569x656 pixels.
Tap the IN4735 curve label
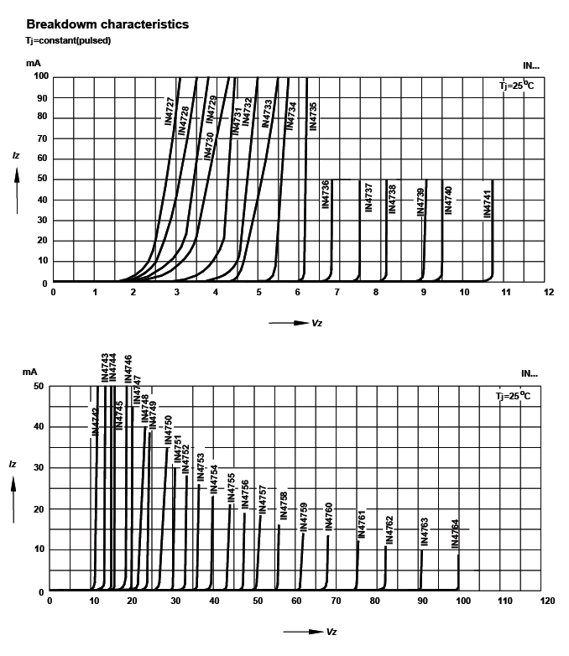[x=313, y=115]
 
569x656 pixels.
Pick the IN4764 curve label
[x=455, y=534]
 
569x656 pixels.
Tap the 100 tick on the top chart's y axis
[x=40, y=76]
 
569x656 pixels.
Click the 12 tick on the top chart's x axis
[x=549, y=293]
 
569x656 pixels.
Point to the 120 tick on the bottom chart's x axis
[x=547, y=601]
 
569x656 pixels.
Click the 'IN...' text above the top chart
[x=530, y=65]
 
